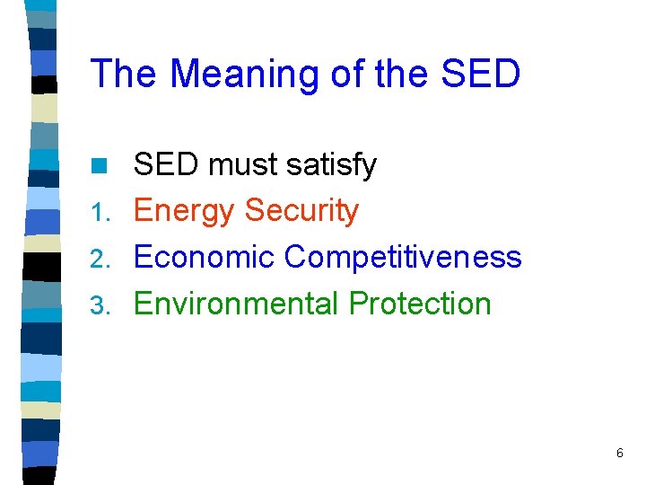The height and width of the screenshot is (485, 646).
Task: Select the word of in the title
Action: tap(348, 74)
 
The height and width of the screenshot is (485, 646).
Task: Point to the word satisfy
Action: tap(335, 165)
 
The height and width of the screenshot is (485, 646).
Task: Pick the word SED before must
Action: tap(167, 165)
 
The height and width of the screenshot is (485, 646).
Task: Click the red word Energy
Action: tap(185, 211)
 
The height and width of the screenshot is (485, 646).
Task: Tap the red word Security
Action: tap(301, 211)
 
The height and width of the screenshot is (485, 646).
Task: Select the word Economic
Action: tap(205, 258)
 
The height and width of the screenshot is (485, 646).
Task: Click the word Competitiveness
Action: tap(403, 258)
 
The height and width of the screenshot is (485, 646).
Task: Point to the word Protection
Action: tap(420, 304)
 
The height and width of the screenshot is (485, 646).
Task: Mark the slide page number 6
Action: tap(619, 454)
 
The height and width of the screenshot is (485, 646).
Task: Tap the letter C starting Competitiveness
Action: tap(296, 258)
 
